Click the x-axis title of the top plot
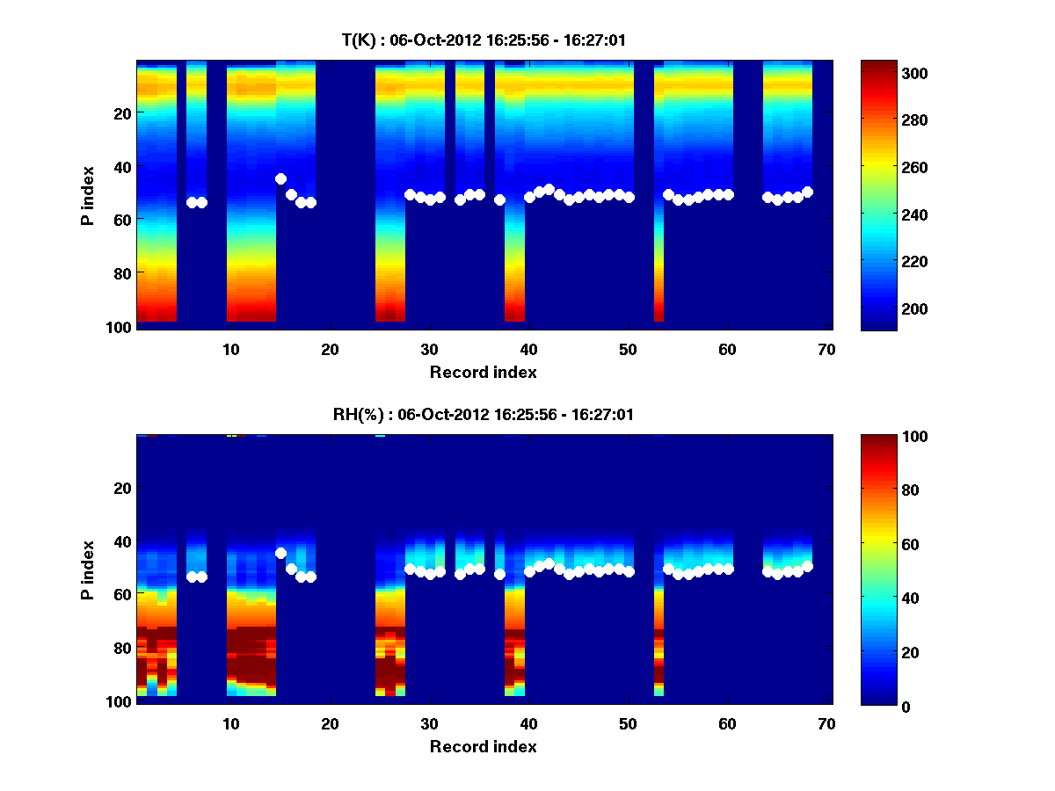point(483,372)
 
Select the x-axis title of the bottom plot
point(483,746)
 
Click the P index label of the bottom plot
point(88,570)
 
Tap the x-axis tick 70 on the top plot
point(826,349)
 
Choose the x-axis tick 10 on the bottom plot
point(231,723)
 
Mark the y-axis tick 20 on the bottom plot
point(123,488)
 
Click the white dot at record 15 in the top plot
point(280,178)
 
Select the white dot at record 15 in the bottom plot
point(280,553)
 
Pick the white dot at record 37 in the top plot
point(499,200)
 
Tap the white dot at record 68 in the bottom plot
point(807,566)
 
